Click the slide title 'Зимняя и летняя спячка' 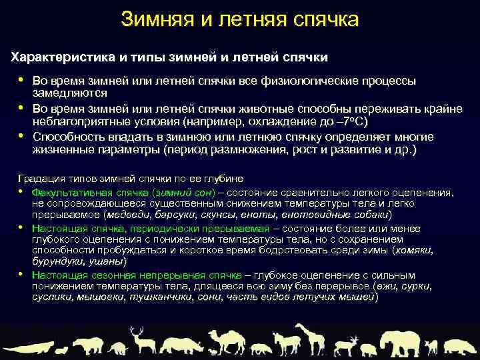coord(240,19)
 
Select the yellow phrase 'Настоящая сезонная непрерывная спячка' coord(128,275)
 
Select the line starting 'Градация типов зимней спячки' coord(130,179)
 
